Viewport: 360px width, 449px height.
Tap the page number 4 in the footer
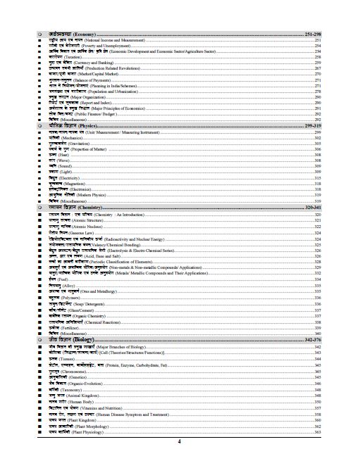tap(179, 440)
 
